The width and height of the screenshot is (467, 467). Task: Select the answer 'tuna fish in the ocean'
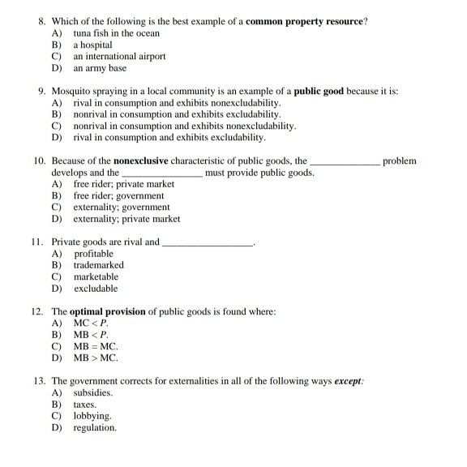coord(116,33)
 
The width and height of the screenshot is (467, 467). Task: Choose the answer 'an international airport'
coord(119,57)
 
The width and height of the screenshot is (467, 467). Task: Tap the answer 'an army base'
coord(100,68)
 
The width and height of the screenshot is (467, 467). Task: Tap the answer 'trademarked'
coord(98,265)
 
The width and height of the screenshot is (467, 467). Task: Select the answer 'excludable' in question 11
coord(96,288)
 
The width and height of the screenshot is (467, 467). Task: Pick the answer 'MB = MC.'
coord(96,346)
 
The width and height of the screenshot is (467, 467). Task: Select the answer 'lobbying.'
coord(92,415)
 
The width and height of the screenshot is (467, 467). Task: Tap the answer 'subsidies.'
coord(93,392)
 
